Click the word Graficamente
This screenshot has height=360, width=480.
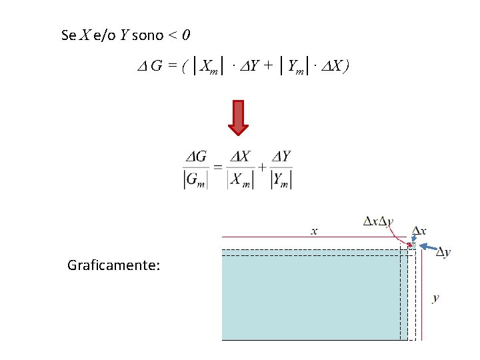pos(113,266)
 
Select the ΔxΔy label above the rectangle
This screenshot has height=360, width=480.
pos(378,221)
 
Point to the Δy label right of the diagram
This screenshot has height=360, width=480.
pos(443,251)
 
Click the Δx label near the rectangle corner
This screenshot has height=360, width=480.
pos(419,231)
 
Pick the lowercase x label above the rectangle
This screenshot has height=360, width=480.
pos(314,231)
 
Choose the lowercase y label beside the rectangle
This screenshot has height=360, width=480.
pos(435,297)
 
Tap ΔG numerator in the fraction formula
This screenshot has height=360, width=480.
pos(196,157)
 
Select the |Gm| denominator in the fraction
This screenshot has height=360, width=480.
pos(196,179)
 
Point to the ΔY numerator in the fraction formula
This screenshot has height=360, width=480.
pos(281,156)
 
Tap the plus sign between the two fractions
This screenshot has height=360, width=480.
pos(261,167)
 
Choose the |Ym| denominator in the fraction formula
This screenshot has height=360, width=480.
pos(281,179)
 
